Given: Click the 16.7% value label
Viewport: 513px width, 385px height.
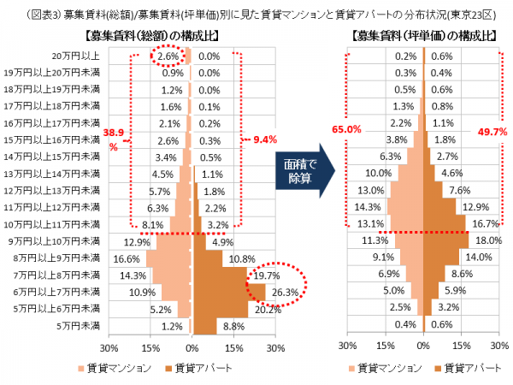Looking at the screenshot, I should click(x=484, y=224).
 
